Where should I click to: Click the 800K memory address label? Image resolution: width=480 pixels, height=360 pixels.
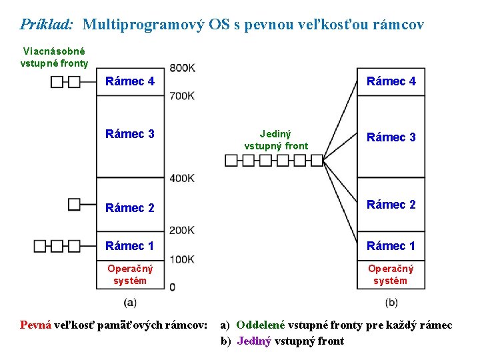[x=182, y=67]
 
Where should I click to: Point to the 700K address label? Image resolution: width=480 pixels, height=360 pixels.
[x=182, y=96]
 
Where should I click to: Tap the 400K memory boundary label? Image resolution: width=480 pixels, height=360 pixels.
[x=182, y=178]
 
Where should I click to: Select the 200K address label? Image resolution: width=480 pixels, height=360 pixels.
[x=182, y=231]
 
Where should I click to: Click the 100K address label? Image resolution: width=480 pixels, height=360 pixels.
[x=182, y=259]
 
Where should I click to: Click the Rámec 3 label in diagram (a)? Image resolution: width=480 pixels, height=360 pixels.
[x=130, y=134]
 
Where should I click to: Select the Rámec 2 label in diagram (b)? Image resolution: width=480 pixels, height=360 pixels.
[x=391, y=205]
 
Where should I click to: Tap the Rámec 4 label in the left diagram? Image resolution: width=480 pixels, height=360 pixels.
[x=130, y=81]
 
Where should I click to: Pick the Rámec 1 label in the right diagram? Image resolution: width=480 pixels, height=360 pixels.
[x=391, y=246]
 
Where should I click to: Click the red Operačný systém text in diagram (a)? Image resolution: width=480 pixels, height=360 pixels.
[x=130, y=274]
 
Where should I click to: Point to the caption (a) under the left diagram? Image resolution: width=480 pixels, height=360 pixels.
[x=130, y=302]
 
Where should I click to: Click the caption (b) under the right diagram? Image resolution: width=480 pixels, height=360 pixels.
[x=391, y=302]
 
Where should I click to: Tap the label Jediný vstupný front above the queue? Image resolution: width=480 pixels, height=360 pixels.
[x=276, y=139]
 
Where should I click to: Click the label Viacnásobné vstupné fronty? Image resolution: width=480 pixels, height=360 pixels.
[x=54, y=57]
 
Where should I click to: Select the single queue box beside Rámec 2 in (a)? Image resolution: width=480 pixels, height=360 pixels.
[x=74, y=204]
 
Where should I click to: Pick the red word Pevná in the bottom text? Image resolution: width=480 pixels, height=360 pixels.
[x=35, y=325]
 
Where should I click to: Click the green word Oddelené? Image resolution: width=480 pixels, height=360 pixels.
[x=260, y=325]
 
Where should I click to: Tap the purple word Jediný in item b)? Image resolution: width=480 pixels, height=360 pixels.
[x=254, y=341]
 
